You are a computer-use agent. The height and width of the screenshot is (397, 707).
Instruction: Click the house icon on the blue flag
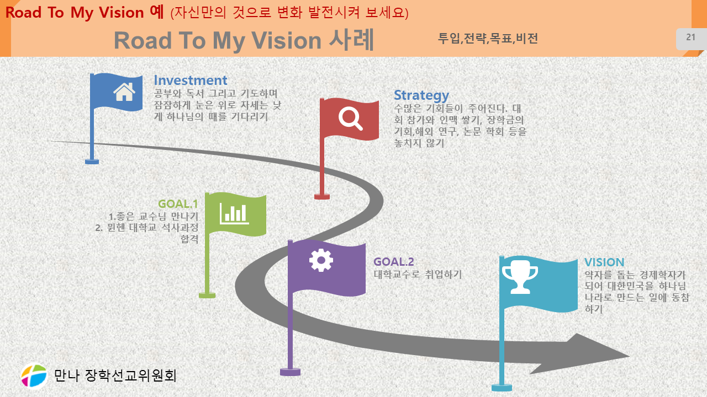point(124,92)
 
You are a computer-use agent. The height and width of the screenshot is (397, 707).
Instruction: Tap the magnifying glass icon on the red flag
point(350,119)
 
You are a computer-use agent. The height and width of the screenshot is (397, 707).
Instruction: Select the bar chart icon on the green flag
point(234,213)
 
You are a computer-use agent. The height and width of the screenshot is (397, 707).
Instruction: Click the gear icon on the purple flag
point(321,260)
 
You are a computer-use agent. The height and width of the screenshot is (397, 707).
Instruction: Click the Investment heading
point(191,81)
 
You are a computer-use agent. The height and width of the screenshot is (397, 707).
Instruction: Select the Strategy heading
point(421,95)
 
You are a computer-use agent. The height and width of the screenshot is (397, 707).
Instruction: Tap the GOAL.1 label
point(178,204)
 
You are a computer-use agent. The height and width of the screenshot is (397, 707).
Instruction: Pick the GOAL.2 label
point(394,261)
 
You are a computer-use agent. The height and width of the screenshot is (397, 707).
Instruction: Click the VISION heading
point(604,262)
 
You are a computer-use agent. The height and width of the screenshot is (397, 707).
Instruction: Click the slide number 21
point(690,37)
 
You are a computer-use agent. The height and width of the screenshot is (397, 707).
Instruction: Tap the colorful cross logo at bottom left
point(34,375)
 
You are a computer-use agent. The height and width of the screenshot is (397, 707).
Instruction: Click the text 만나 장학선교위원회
point(115,375)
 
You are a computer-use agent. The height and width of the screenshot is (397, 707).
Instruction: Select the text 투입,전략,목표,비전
point(488,39)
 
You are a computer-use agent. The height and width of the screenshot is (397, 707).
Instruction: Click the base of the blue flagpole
point(92,162)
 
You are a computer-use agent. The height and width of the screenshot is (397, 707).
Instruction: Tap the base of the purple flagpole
point(290,372)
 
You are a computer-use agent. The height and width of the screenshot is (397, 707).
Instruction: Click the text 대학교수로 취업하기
point(418,274)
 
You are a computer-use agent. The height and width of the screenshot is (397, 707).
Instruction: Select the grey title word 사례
point(351,40)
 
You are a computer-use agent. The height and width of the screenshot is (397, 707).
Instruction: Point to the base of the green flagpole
point(207,295)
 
